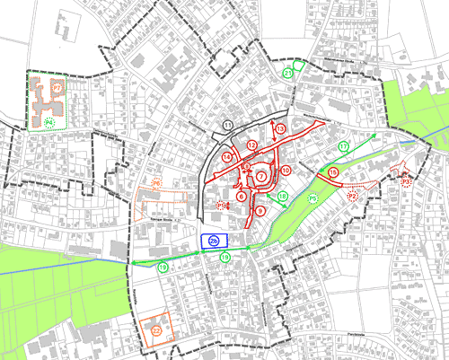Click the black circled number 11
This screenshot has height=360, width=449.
(x=228, y=124)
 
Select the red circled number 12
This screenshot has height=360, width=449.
(x=252, y=145)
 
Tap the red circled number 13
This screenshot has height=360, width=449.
(x=280, y=129)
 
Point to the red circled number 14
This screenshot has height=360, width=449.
(x=227, y=157)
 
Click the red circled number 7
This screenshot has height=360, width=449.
(x=260, y=177)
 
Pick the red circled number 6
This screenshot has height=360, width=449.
(x=242, y=195)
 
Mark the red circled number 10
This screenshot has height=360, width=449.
(x=286, y=170)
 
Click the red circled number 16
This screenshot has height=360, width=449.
(x=332, y=171)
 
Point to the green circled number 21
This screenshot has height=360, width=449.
(x=287, y=73)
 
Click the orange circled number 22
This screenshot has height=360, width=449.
(x=156, y=330)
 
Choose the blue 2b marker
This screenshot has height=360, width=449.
(x=214, y=241)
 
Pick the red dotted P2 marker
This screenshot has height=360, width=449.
(x=353, y=196)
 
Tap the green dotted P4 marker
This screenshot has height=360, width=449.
(x=50, y=121)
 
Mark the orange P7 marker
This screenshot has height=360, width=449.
(x=56, y=89)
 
